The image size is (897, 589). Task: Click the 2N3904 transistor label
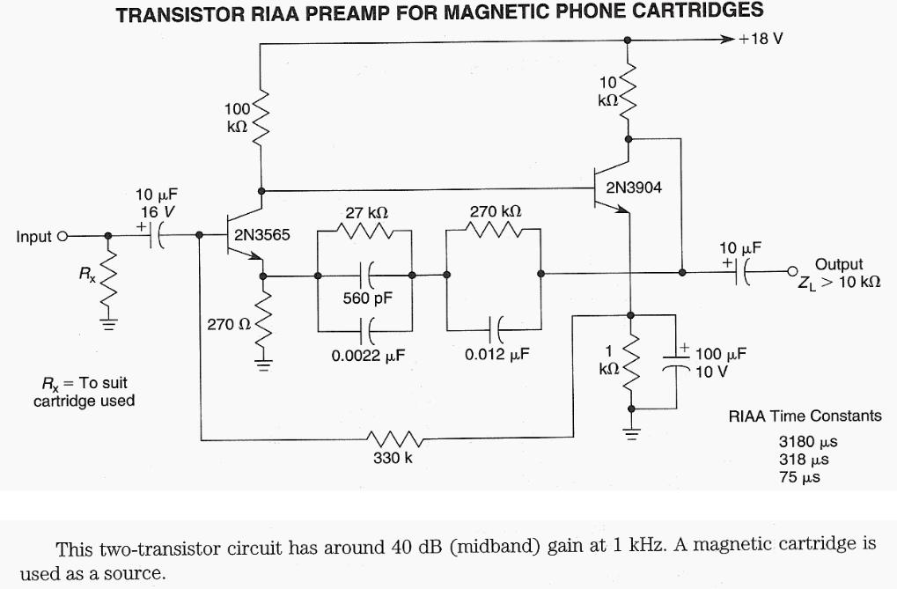tap(633, 188)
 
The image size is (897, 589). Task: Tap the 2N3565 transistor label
tap(261, 236)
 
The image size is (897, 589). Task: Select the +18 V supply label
tap(761, 40)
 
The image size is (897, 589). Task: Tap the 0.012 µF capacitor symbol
tap(495, 331)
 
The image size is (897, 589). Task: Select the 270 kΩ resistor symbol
tap(496, 231)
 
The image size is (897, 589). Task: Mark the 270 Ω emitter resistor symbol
tap(263, 324)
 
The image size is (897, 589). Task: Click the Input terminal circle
tap(62, 236)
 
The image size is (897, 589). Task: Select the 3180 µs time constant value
tap(803, 443)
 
